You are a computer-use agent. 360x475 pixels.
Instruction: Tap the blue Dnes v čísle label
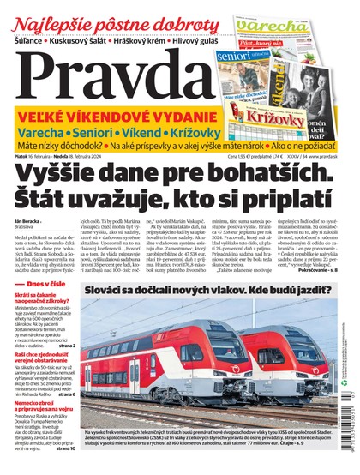48,307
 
